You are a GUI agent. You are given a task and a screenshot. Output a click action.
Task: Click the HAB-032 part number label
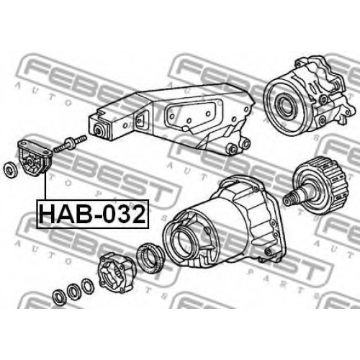[x=93, y=214]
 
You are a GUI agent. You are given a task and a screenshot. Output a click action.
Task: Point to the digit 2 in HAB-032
[x=138, y=214]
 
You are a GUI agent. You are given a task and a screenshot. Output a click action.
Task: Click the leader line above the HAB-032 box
[x=45, y=186]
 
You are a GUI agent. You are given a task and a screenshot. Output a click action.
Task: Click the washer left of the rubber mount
[x=11, y=170]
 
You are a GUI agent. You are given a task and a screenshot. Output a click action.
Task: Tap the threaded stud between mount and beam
[x=70, y=143]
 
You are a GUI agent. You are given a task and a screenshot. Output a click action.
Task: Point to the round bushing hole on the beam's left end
[x=99, y=130]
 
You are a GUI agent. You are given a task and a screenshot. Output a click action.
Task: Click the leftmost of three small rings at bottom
[x=59, y=297]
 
